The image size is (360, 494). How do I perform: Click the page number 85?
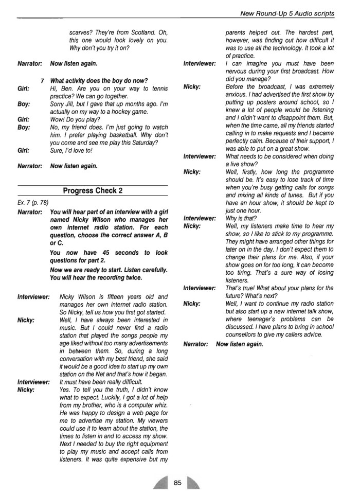[177, 482]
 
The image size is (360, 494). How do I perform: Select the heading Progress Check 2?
[93, 190]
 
